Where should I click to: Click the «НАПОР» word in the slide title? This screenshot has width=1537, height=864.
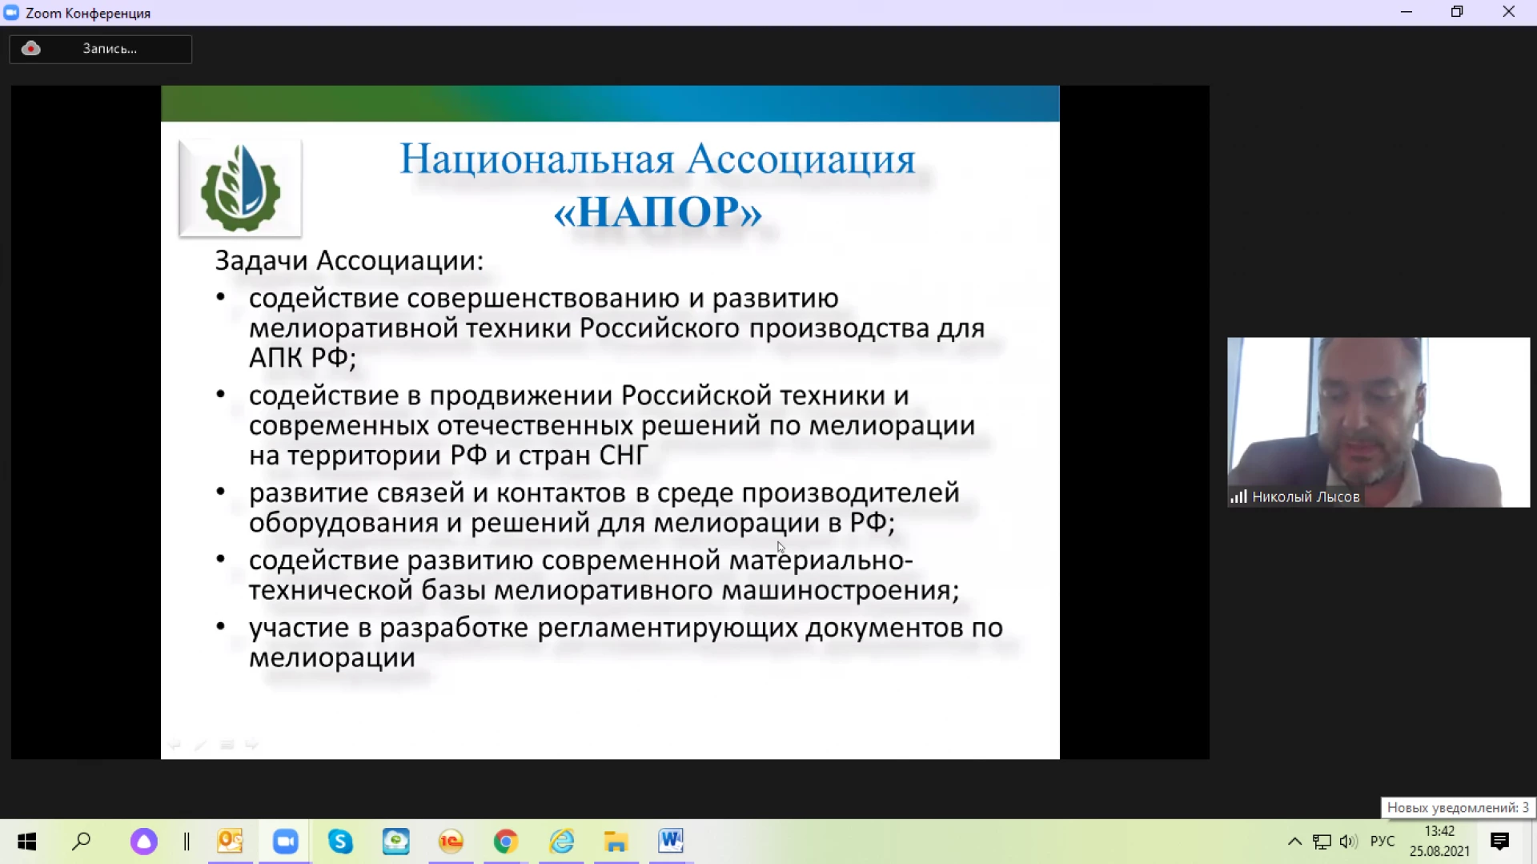(x=657, y=212)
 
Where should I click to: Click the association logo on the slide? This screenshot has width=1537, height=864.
(x=240, y=188)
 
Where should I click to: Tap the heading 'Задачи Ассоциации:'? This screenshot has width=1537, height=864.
(x=349, y=261)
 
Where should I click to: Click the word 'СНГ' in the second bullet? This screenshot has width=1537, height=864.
(x=623, y=456)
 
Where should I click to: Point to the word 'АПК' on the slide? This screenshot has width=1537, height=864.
(x=275, y=358)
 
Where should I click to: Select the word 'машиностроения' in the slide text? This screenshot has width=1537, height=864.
(x=841, y=591)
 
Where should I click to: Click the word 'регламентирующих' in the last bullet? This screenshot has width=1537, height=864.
(x=668, y=629)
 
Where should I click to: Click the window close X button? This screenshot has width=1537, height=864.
(x=1509, y=12)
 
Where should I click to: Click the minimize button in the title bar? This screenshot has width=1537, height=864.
(x=1407, y=12)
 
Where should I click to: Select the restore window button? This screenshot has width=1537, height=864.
(x=1457, y=12)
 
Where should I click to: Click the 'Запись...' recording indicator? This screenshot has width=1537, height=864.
(x=101, y=49)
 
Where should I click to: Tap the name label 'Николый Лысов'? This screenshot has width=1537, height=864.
(x=1306, y=497)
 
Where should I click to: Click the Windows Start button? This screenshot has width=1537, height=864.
(x=26, y=842)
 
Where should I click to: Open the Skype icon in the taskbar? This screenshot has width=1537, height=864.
(x=341, y=842)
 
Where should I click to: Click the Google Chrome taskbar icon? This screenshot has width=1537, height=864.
(x=506, y=842)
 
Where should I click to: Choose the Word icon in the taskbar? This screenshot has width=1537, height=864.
(x=671, y=842)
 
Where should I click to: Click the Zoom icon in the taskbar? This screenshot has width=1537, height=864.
(x=286, y=842)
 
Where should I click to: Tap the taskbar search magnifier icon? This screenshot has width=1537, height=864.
(x=82, y=842)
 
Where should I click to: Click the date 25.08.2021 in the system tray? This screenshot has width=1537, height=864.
(x=1439, y=851)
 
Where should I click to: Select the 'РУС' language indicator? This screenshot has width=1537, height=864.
(x=1382, y=842)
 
